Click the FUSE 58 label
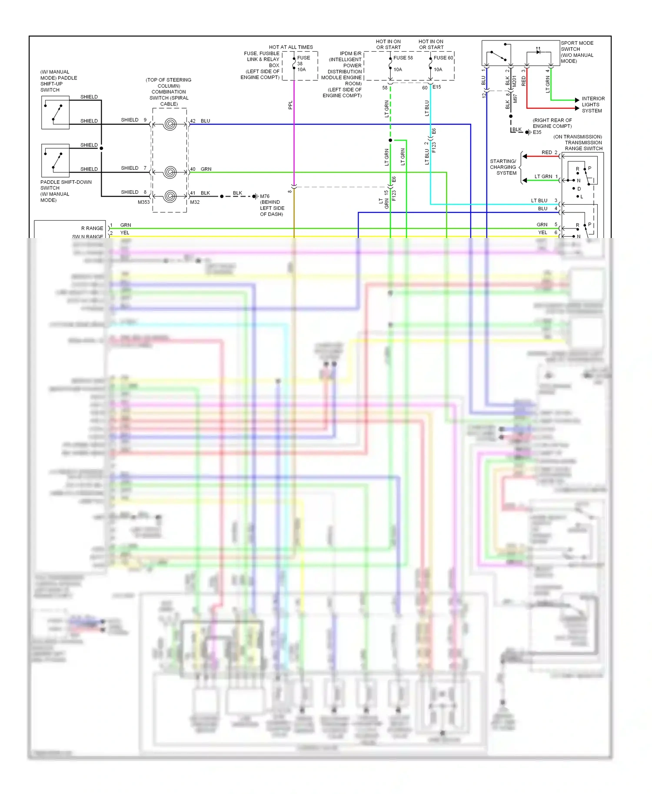pyautogui.click(x=403, y=58)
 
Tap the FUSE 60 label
pyautogui.click(x=443, y=58)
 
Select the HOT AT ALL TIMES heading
pyautogui.click(x=291, y=47)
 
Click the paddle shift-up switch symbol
pyautogui.click(x=56, y=112)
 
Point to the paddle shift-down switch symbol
pyautogui.click(x=56, y=160)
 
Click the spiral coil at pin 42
pyautogui.click(x=170, y=125)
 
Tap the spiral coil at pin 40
pyautogui.click(x=170, y=172)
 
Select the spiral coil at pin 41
pyautogui.click(x=170, y=196)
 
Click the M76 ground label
pyautogui.click(x=265, y=196)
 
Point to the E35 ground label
pyautogui.click(x=537, y=132)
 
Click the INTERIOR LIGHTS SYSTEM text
pyautogui.click(x=593, y=105)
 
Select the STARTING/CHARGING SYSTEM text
pyautogui.click(x=503, y=167)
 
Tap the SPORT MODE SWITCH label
pyautogui.click(x=577, y=52)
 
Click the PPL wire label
pyautogui.click(x=290, y=105)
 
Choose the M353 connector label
pyautogui.click(x=144, y=202)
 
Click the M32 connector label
pyautogui.click(x=195, y=202)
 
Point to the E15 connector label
pyautogui.click(x=437, y=87)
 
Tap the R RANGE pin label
pyautogui.click(x=92, y=228)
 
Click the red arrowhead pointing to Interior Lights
pyautogui.click(x=577, y=108)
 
